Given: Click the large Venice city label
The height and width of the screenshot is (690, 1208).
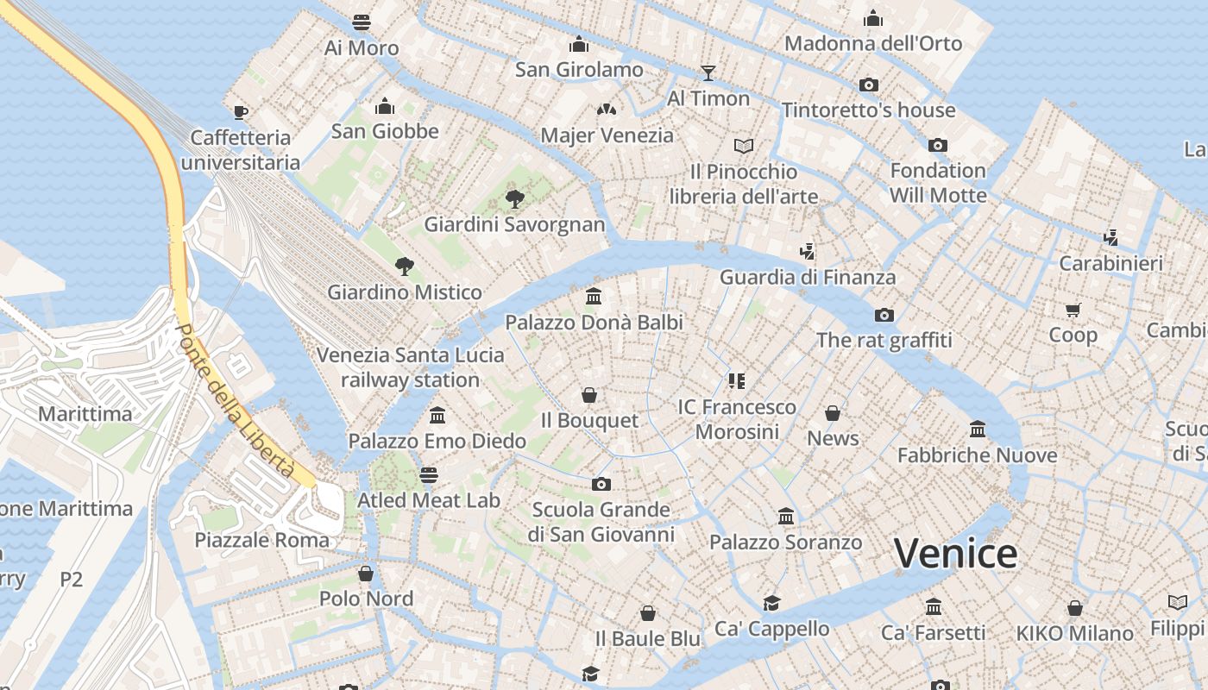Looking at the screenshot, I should pos(955,553).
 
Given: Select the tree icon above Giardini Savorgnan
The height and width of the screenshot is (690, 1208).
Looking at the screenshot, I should pos(515,199).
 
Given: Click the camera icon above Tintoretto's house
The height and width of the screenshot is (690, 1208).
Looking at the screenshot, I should pos(869,85).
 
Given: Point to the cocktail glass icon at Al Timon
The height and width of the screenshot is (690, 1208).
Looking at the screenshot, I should pos(708,72).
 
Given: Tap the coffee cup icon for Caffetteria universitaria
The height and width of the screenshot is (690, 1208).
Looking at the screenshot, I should pos(241,111).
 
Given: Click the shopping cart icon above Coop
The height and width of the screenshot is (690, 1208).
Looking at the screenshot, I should pos(1073,309).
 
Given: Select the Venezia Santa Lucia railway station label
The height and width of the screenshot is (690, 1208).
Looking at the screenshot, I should pos(410,367).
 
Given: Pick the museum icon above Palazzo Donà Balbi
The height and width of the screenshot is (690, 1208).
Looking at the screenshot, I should pos(594,297).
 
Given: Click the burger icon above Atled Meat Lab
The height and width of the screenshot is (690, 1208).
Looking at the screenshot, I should pos(428,474).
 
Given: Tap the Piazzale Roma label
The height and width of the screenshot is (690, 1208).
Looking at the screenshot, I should pos(262,541).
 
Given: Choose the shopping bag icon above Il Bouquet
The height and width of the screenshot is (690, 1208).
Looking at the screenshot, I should pos(589,395).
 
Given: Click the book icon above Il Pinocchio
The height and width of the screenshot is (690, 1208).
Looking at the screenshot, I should pos(744,146).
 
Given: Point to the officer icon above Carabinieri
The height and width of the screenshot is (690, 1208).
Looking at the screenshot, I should pos(1111,237).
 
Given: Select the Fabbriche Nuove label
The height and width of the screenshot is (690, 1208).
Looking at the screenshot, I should pos(977,455).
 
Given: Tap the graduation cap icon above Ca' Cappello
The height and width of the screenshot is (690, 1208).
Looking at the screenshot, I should pos(771,603).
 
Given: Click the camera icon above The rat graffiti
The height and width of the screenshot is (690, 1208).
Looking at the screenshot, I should pos(884,315).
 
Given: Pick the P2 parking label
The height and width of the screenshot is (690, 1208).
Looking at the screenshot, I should pos(72,579).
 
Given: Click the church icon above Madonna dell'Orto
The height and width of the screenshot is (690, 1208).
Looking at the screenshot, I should pos(873,18).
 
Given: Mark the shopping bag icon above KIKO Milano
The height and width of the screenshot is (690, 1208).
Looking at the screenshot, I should pos(1074,608).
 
